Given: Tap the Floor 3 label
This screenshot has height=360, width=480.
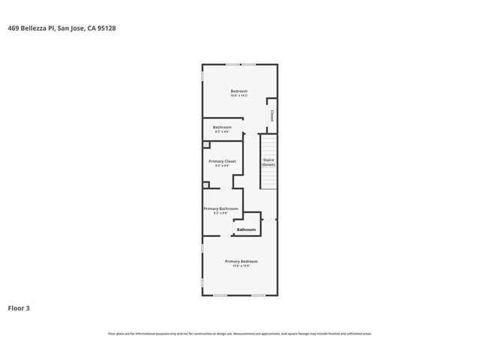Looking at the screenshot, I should [19, 307].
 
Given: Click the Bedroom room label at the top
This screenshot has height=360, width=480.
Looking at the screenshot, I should [238, 91].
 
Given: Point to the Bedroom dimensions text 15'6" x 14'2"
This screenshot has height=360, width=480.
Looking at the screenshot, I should [238, 96].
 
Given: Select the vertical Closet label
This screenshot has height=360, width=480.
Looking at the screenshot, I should [271, 115].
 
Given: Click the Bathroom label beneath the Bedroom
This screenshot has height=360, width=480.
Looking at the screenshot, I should [222, 127].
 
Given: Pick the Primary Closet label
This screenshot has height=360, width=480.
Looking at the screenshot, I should [222, 161].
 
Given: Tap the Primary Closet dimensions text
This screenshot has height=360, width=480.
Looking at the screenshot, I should [222, 166].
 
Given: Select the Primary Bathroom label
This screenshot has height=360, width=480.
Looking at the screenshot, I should [220, 208].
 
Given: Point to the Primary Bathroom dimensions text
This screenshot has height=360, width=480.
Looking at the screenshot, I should [220, 214].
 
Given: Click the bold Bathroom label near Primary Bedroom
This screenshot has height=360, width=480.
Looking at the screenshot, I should [246, 229].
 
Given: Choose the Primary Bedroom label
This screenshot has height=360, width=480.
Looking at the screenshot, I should [241, 261].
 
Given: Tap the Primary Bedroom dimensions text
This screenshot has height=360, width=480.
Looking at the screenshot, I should [241, 266].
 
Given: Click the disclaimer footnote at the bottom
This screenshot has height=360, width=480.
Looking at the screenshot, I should [240, 334].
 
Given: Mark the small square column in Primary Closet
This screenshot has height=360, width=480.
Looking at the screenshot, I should [206, 144].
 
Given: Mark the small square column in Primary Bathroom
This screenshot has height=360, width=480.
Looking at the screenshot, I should [206, 184].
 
